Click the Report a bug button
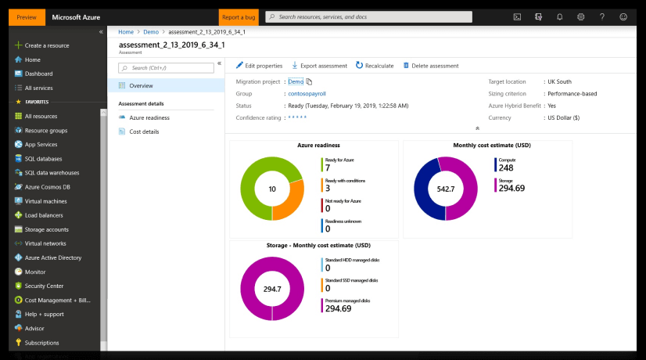point(239,17)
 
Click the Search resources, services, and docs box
point(368,17)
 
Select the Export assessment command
point(319,66)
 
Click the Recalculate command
point(375,66)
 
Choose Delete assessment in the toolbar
point(430,66)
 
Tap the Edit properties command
point(259,66)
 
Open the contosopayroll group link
point(307,94)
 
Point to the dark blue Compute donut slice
point(425,189)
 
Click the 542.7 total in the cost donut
point(446,189)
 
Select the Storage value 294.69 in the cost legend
point(511,188)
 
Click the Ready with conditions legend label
point(345,181)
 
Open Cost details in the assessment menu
point(144,131)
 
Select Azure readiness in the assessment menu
point(149,117)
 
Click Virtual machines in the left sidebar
point(45,201)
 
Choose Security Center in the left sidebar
point(44,286)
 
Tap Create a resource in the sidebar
point(47,45)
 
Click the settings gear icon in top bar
point(580,17)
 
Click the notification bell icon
point(559,17)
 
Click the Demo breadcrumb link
point(151,32)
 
